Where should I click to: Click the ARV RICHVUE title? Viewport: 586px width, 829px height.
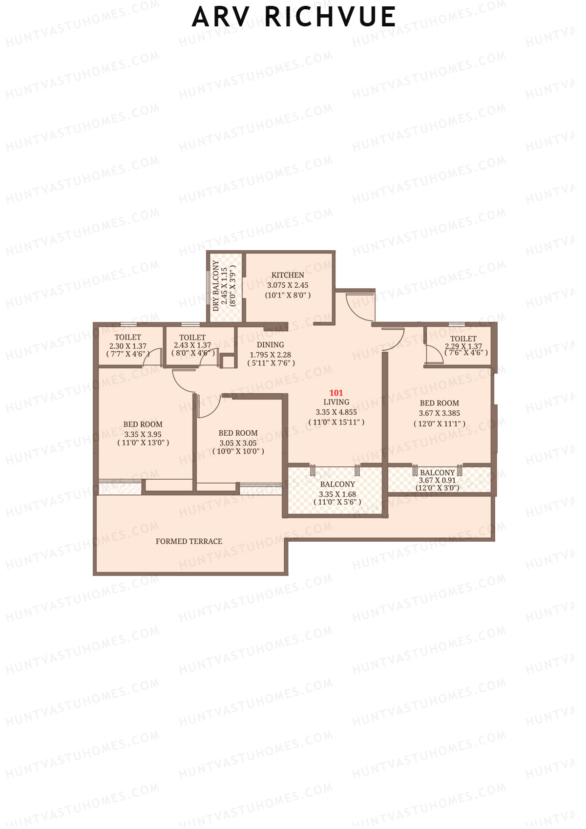[x=293, y=17]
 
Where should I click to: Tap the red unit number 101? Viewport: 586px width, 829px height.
[x=336, y=393]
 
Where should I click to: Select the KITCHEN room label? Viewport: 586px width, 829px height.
[x=288, y=275]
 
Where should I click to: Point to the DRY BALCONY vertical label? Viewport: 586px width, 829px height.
[x=216, y=286]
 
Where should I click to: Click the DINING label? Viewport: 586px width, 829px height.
[x=270, y=344]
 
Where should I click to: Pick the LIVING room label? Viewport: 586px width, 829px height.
[x=336, y=402]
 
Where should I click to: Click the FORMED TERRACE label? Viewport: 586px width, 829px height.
[x=188, y=541]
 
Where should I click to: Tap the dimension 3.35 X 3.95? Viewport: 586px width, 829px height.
[x=143, y=434]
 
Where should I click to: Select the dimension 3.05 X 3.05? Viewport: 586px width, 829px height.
[x=238, y=443]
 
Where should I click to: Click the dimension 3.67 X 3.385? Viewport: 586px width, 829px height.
[x=439, y=413]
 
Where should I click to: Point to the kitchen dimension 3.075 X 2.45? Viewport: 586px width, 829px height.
[x=288, y=285]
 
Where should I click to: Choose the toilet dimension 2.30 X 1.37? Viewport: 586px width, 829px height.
[x=127, y=345]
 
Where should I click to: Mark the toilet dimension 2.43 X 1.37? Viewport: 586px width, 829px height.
[x=192, y=345]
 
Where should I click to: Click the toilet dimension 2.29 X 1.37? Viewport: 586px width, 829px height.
[x=463, y=346]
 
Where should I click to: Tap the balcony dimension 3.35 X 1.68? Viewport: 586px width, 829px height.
[x=337, y=494]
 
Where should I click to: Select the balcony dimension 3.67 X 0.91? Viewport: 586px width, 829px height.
[x=437, y=480]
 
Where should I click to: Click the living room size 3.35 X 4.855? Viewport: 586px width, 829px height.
[x=336, y=412]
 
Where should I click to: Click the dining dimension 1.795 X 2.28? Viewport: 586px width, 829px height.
[x=270, y=355]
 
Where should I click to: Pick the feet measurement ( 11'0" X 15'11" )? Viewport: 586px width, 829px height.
[x=336, y=422]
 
